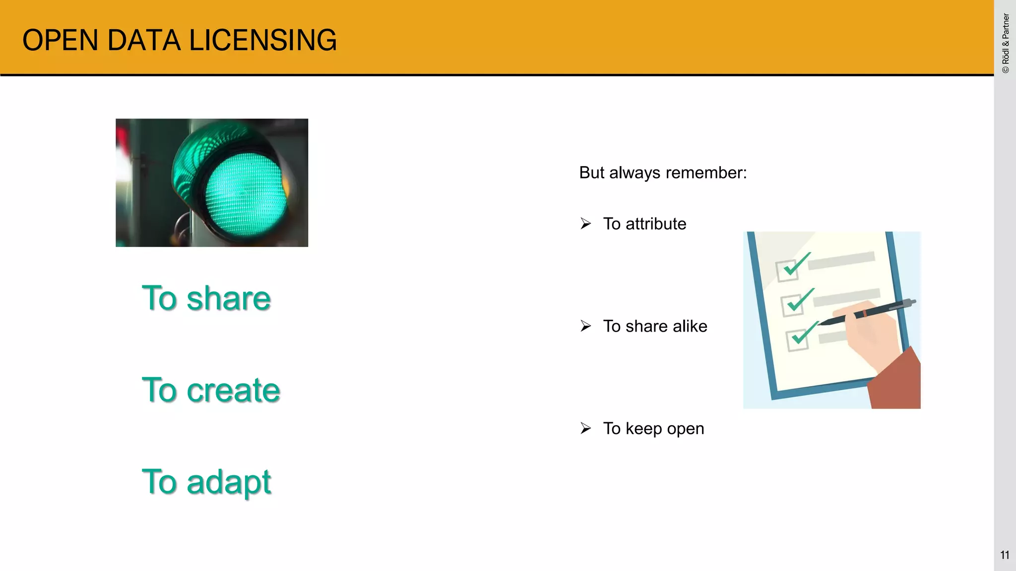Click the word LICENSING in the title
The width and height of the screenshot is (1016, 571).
[263, 40]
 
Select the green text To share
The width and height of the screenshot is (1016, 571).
[206, 298]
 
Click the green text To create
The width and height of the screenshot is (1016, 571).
[211, 390]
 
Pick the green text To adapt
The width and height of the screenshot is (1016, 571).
[206, 482]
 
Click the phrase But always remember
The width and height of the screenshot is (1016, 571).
[662, 173]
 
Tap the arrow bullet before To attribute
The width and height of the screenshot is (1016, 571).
[586, 224]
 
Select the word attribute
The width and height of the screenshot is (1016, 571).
[656, 224]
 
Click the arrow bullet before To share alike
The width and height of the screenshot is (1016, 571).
[586, 326]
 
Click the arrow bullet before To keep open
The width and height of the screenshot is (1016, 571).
[586, 428]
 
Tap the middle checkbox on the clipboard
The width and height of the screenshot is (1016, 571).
[792, 305]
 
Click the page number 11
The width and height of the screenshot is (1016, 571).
[1005, 555]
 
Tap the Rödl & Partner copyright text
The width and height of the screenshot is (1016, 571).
[1006, 44]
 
